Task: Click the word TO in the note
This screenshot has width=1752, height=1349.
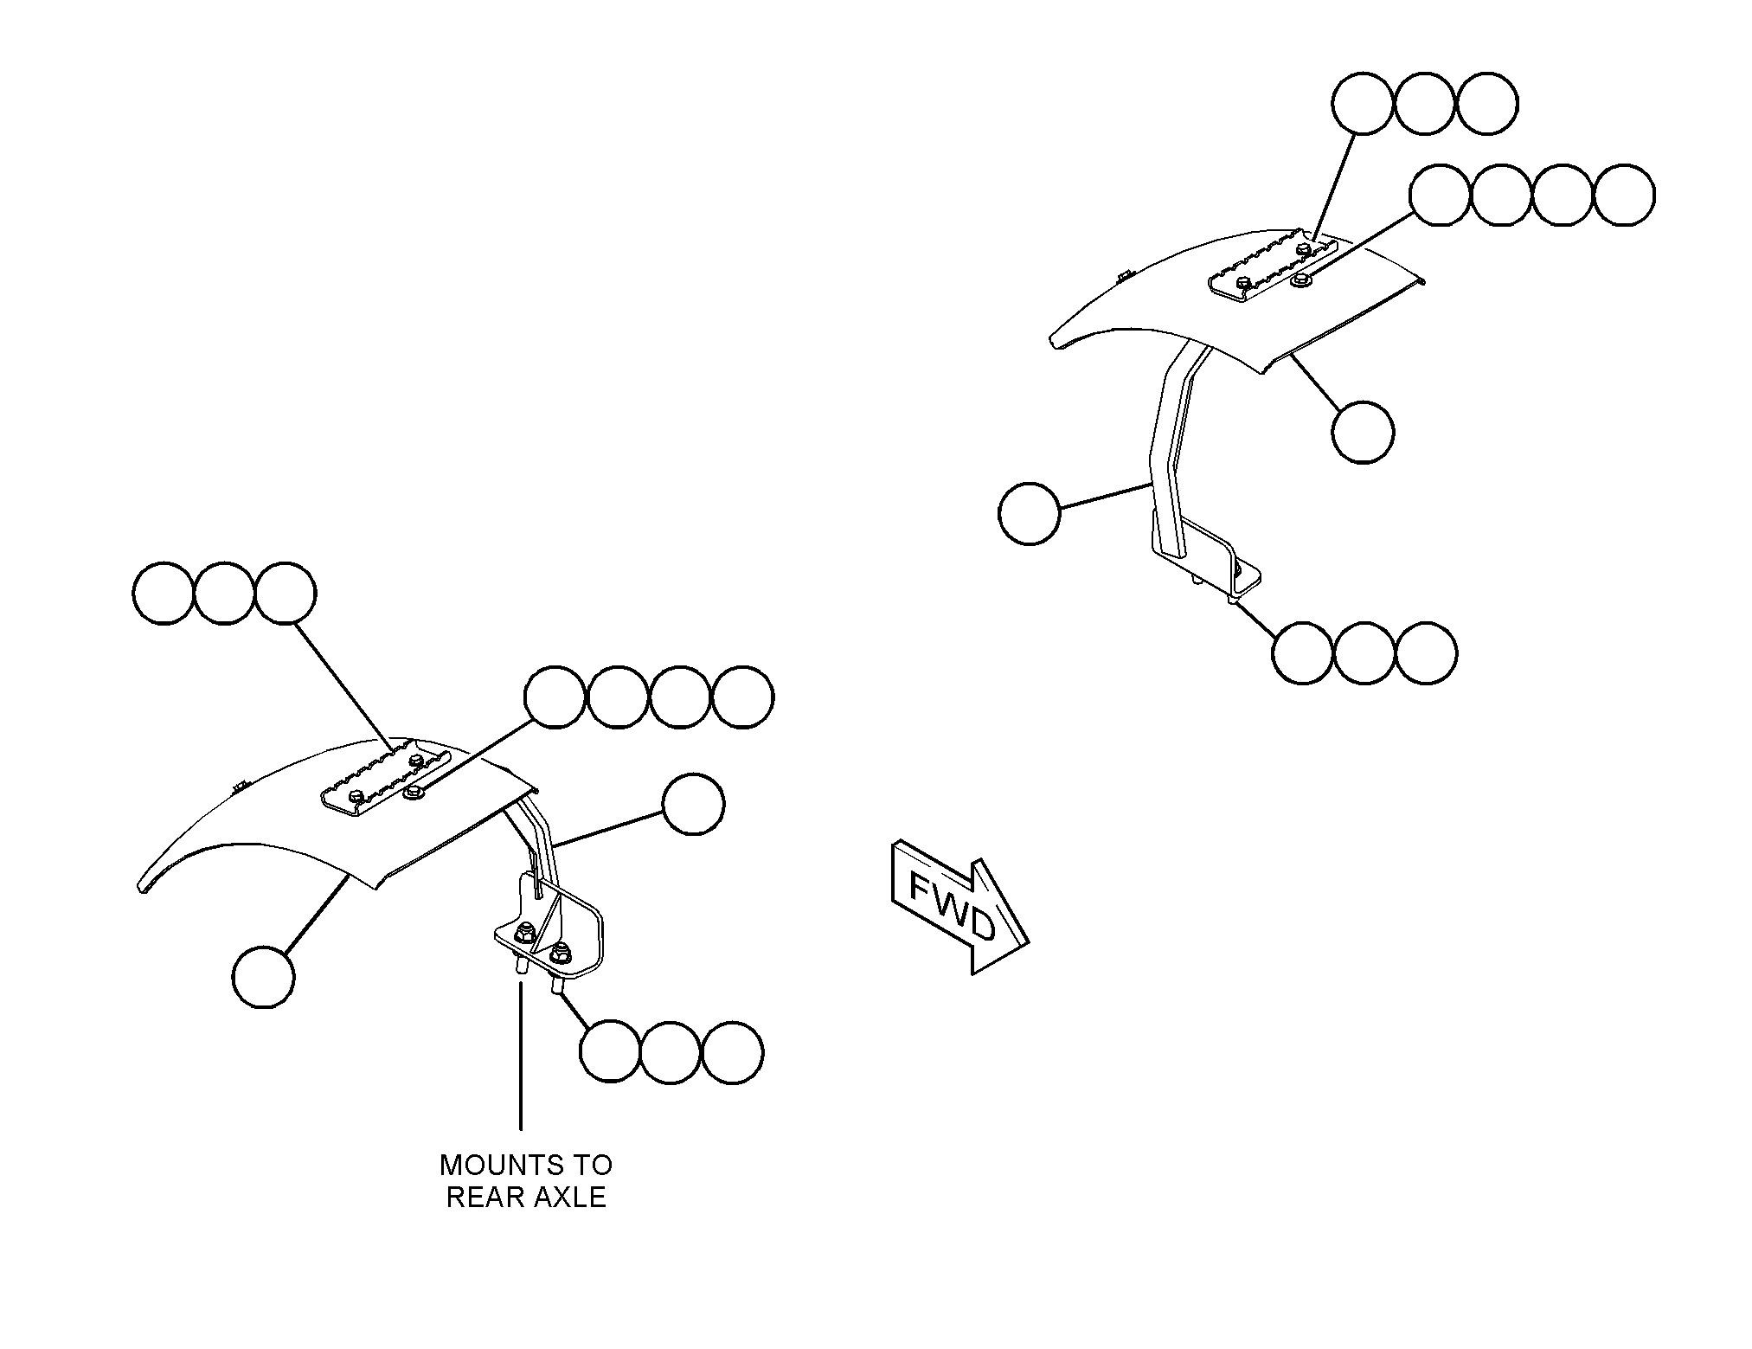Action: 594,1165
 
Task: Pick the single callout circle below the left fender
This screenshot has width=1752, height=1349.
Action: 263,977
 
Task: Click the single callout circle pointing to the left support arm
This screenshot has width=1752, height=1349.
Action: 693,804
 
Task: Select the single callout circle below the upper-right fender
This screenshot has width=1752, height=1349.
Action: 1363,432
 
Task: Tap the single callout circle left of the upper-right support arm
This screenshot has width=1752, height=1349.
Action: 1029,513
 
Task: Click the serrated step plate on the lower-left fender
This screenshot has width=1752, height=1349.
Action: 386,777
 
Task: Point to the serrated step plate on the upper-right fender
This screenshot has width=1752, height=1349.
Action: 1272,267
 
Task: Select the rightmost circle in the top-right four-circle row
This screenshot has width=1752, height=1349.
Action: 1624,196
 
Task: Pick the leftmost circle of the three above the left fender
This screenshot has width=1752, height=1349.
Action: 164,593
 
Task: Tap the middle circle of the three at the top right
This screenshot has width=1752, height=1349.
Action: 1425,103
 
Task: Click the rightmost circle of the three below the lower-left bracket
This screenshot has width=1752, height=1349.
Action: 733,1051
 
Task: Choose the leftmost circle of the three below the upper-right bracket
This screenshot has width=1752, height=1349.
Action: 1303,653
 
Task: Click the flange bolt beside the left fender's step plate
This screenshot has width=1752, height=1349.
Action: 414,791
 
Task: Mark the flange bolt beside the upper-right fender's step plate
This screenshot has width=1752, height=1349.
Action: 1299,280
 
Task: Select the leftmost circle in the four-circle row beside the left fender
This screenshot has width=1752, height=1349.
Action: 555,697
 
